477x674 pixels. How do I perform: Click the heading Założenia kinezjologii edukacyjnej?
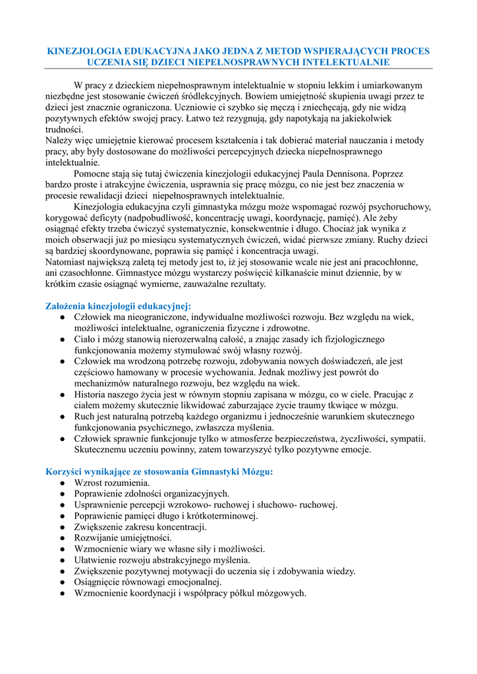[x=118, y=305]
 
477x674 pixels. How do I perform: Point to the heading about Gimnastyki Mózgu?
[x=159, y=471]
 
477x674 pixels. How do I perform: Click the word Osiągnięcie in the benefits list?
[x=101, y=582]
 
